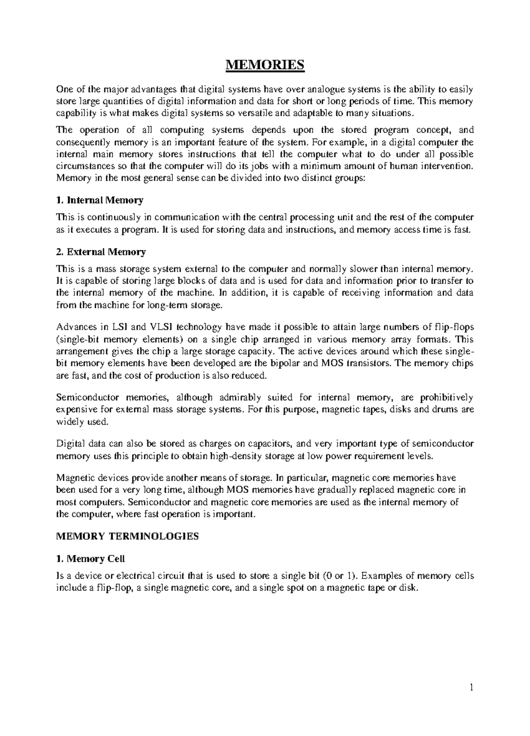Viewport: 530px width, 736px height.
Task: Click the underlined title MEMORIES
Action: click(265, 65)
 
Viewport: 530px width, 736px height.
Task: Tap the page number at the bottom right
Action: click(471, 700)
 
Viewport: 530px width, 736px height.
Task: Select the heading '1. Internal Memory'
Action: click(100, 200)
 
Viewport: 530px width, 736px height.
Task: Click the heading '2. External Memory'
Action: click(101, 252)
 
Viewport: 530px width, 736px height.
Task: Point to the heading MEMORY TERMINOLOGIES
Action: click(128, 536)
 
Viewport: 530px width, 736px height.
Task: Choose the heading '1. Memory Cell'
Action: click(91, 558)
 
